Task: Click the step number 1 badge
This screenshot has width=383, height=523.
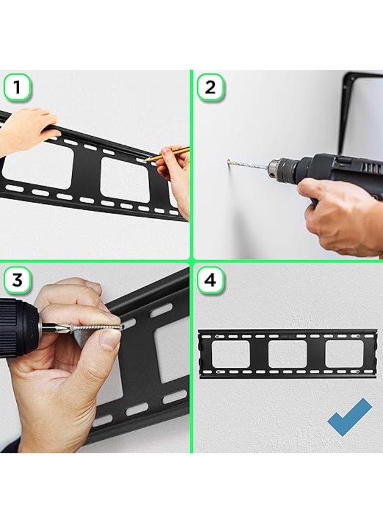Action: tap(17, 88)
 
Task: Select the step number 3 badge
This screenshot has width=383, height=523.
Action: tap(17, 280)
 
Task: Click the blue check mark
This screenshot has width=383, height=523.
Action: tap(349, 417)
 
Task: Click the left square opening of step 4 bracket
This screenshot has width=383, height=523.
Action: tap(230, 353)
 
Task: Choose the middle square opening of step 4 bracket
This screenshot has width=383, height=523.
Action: tap(287, 353)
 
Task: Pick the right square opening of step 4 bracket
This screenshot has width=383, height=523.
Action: tap(344, 353)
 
